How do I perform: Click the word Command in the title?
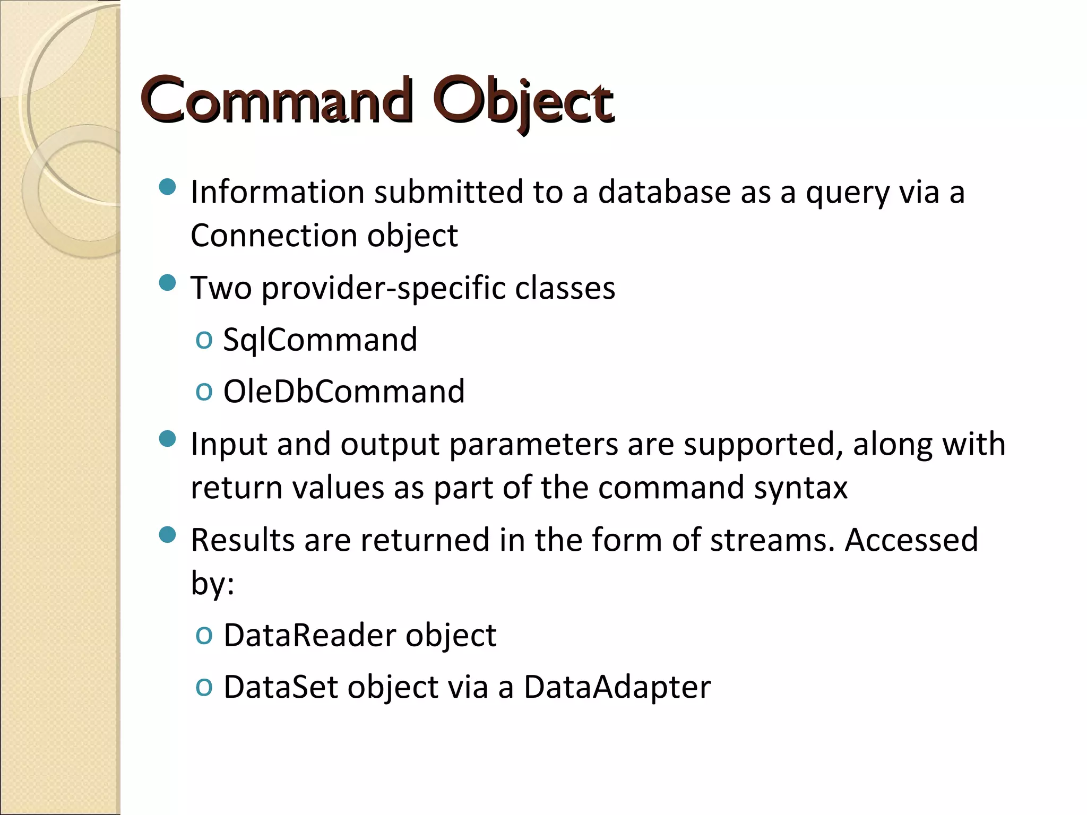click(276, 101)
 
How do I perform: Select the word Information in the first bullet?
click(277, 192)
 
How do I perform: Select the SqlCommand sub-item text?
click(320, 340)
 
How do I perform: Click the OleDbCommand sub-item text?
click(344, 392)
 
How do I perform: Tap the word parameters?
click(533, 445)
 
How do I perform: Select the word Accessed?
click(911, 540)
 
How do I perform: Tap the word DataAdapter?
click(617, 687)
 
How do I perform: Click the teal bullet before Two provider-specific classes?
click(167, 283)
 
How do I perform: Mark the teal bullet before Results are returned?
click(167, 535)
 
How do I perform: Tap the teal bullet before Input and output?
click(167, 439)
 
